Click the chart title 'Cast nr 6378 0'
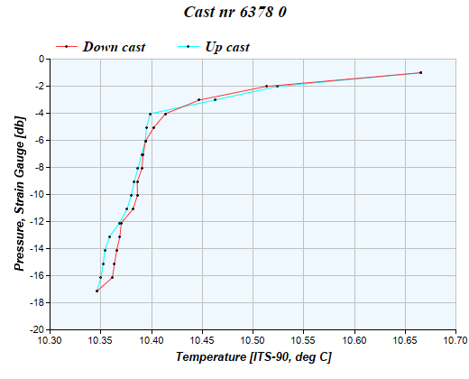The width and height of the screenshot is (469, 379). [234, 14]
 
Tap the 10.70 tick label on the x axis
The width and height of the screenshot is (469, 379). [455, 340]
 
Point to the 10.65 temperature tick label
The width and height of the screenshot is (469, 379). [405, 340]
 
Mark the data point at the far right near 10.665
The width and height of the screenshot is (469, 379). [420, 72]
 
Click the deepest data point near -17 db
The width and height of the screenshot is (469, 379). [97, 291]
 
